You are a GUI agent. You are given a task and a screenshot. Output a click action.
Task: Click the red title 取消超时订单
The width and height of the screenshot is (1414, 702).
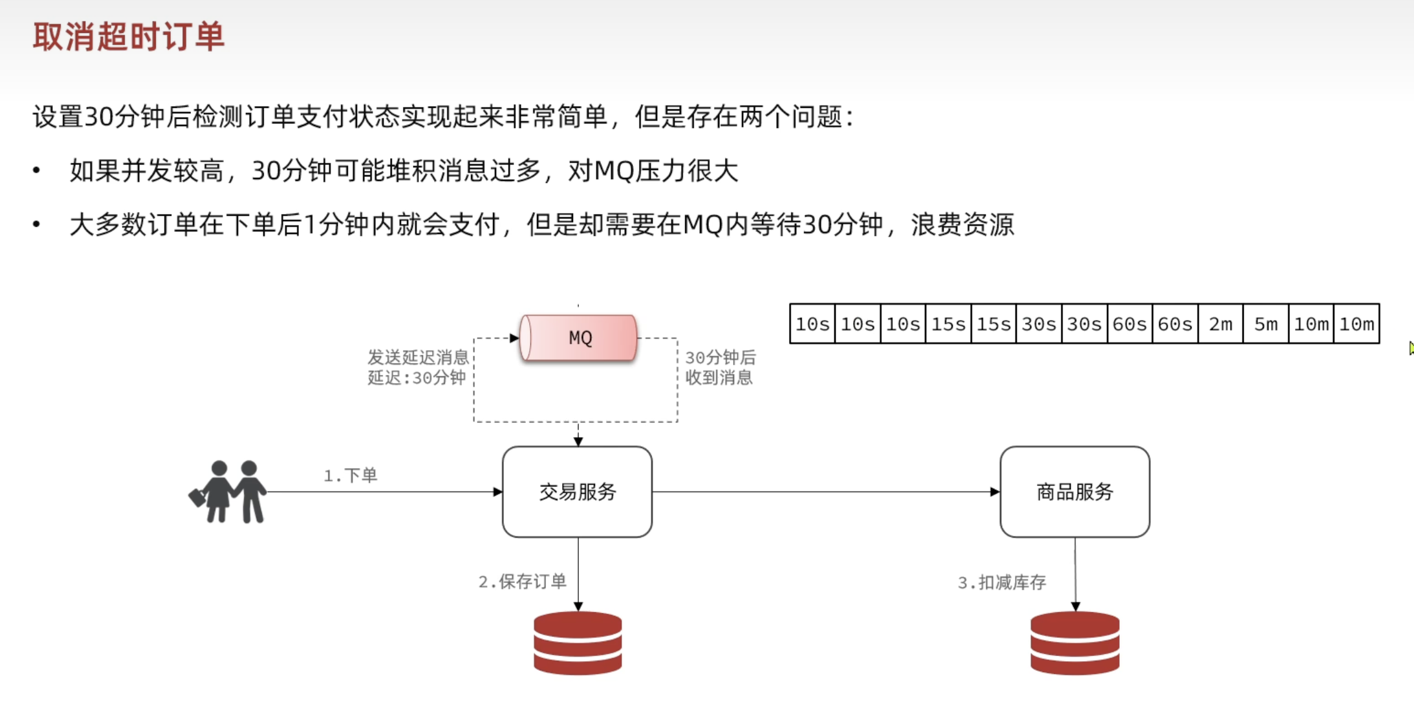point(128,36)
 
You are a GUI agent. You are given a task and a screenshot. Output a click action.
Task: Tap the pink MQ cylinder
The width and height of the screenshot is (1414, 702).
point(578,337)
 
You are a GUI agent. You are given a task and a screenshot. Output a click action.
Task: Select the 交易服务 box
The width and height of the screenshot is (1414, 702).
point(577,492)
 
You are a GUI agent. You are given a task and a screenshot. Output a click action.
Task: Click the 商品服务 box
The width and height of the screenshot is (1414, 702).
point(1074,492)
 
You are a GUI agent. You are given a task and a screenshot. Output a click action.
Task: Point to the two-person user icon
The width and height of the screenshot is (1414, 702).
point(228,492)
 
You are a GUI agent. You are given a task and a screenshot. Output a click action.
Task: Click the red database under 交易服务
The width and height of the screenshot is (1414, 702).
point(578,643)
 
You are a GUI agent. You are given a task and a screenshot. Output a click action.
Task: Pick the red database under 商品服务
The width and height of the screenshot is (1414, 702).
point(1074,643)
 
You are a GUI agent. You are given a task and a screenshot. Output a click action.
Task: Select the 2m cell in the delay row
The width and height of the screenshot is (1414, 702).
point(1221,324)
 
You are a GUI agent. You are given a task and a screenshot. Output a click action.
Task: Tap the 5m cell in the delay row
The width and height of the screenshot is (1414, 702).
point(1266,324)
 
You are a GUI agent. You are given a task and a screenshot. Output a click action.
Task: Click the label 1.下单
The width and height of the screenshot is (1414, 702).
point(350,476)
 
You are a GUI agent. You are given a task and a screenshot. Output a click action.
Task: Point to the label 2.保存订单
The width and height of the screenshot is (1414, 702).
point(522,582)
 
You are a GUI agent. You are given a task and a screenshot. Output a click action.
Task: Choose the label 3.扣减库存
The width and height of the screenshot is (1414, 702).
point(1001,582)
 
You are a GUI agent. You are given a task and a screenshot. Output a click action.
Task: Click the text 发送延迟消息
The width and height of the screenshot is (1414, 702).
point(418,357)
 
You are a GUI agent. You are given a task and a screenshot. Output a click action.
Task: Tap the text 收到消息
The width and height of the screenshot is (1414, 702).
point(719,378)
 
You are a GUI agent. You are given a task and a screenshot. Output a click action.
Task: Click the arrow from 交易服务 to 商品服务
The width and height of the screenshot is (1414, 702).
point(825,492)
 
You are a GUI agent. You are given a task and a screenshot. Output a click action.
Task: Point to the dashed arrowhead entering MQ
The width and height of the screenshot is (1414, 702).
point(514,337)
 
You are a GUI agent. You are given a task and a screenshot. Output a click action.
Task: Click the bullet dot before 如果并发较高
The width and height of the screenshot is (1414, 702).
point(36,171)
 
